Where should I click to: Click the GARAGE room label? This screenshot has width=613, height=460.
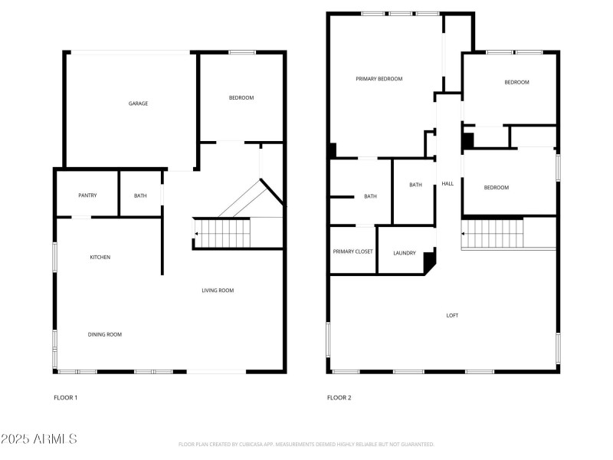pos(138,103)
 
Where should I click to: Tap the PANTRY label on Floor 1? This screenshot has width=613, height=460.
pos(87,195)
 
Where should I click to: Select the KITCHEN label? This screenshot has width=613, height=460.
pos(100,258)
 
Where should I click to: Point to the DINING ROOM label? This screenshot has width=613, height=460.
pos(104,334)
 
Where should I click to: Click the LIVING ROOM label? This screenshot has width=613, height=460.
pos(218,291)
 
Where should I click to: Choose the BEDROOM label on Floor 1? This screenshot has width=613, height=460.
pos(241,98)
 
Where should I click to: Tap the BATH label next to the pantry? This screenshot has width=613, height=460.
pos(140,195)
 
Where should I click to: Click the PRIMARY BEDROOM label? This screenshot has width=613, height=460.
pos(379,79)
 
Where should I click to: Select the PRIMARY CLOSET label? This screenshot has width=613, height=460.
pos(352,251)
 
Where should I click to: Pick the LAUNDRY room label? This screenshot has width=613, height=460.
pos(404,254)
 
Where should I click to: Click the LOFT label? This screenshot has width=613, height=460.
pos(453,315)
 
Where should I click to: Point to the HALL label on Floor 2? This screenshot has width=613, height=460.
pos(447,184)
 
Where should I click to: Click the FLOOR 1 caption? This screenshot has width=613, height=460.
pos(65,398)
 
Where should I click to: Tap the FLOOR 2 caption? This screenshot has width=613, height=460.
pos(339,398)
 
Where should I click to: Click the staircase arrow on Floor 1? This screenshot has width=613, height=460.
pos(197,234)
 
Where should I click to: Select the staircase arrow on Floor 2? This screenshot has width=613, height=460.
pos(464,234)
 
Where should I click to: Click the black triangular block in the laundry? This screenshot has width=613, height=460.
pos(429,262)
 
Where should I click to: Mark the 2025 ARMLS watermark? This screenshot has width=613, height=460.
pos(38,439)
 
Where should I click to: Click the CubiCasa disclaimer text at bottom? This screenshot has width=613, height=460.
pos(306,445)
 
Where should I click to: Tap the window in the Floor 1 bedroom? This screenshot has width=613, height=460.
pos(242,52)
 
